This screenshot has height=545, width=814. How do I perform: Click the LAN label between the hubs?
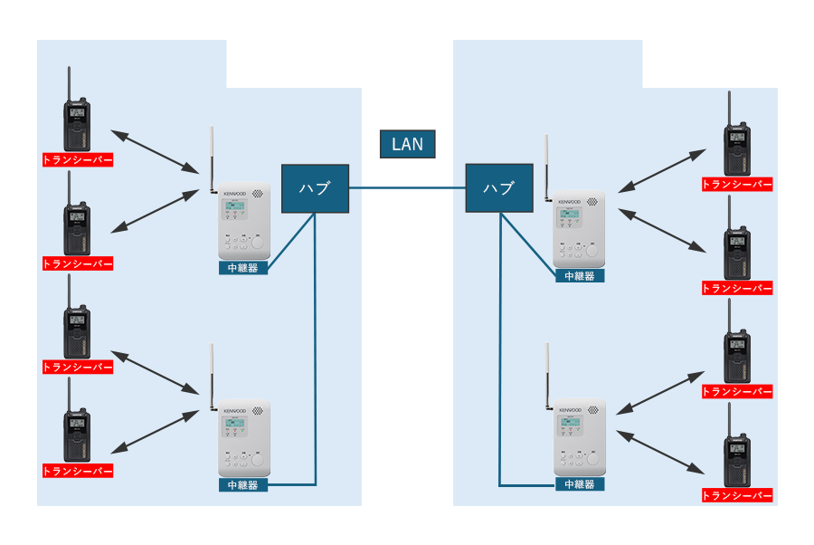point(407,144)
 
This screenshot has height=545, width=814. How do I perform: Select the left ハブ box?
point(315,188)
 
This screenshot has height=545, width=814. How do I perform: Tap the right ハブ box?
point(498,188)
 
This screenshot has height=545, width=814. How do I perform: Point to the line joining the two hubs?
point(407,188)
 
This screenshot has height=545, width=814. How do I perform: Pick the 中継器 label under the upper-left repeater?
point(243,268)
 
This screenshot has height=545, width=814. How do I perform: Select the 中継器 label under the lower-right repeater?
point(580,484)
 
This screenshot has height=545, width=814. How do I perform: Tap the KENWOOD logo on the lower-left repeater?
point(236,410)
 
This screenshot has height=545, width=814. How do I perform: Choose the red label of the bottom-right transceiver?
point(738,496)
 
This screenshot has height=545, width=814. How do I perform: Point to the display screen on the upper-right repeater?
point(569,215)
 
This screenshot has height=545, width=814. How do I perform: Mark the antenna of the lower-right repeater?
point(547,371)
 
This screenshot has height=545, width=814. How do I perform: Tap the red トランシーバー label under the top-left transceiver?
point(78,160)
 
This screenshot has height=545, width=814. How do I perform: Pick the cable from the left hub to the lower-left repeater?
point(316,362)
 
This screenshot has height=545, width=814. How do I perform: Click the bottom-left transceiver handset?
point(76,435)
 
